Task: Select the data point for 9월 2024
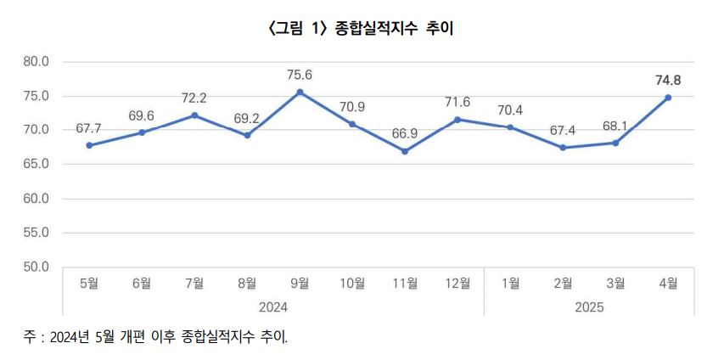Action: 300,92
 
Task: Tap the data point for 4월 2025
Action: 668,98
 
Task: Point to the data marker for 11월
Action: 405,151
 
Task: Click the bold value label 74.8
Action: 668,81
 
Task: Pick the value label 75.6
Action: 300,75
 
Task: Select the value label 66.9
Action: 405,134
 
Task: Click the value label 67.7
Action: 89,128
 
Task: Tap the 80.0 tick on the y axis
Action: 37,61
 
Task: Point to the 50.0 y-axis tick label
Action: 37,267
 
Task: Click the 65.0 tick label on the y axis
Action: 37,164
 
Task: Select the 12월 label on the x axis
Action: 457,284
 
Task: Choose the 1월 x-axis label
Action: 510,284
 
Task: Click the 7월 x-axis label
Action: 194,284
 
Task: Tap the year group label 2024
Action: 273,306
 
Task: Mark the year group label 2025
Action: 589,306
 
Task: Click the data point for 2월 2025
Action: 563,148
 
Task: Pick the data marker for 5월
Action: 89,145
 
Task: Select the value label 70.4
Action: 510,110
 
